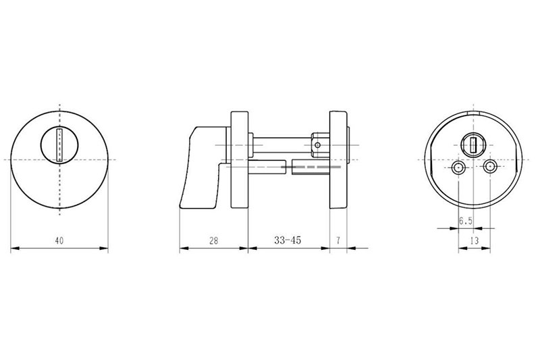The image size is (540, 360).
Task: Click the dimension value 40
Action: coord(59,240)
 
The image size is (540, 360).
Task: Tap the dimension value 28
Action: coord(214,240)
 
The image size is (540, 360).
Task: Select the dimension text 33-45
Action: coord(288,240)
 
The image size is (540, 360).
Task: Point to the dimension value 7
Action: coord(338,240)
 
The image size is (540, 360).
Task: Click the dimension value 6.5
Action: coord(466,221)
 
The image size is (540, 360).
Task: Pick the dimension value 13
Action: coord(475,240)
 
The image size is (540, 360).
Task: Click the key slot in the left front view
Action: coord(59,145)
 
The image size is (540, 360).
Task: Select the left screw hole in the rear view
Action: coord(458,168)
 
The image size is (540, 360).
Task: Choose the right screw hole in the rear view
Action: coord(490,167)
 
